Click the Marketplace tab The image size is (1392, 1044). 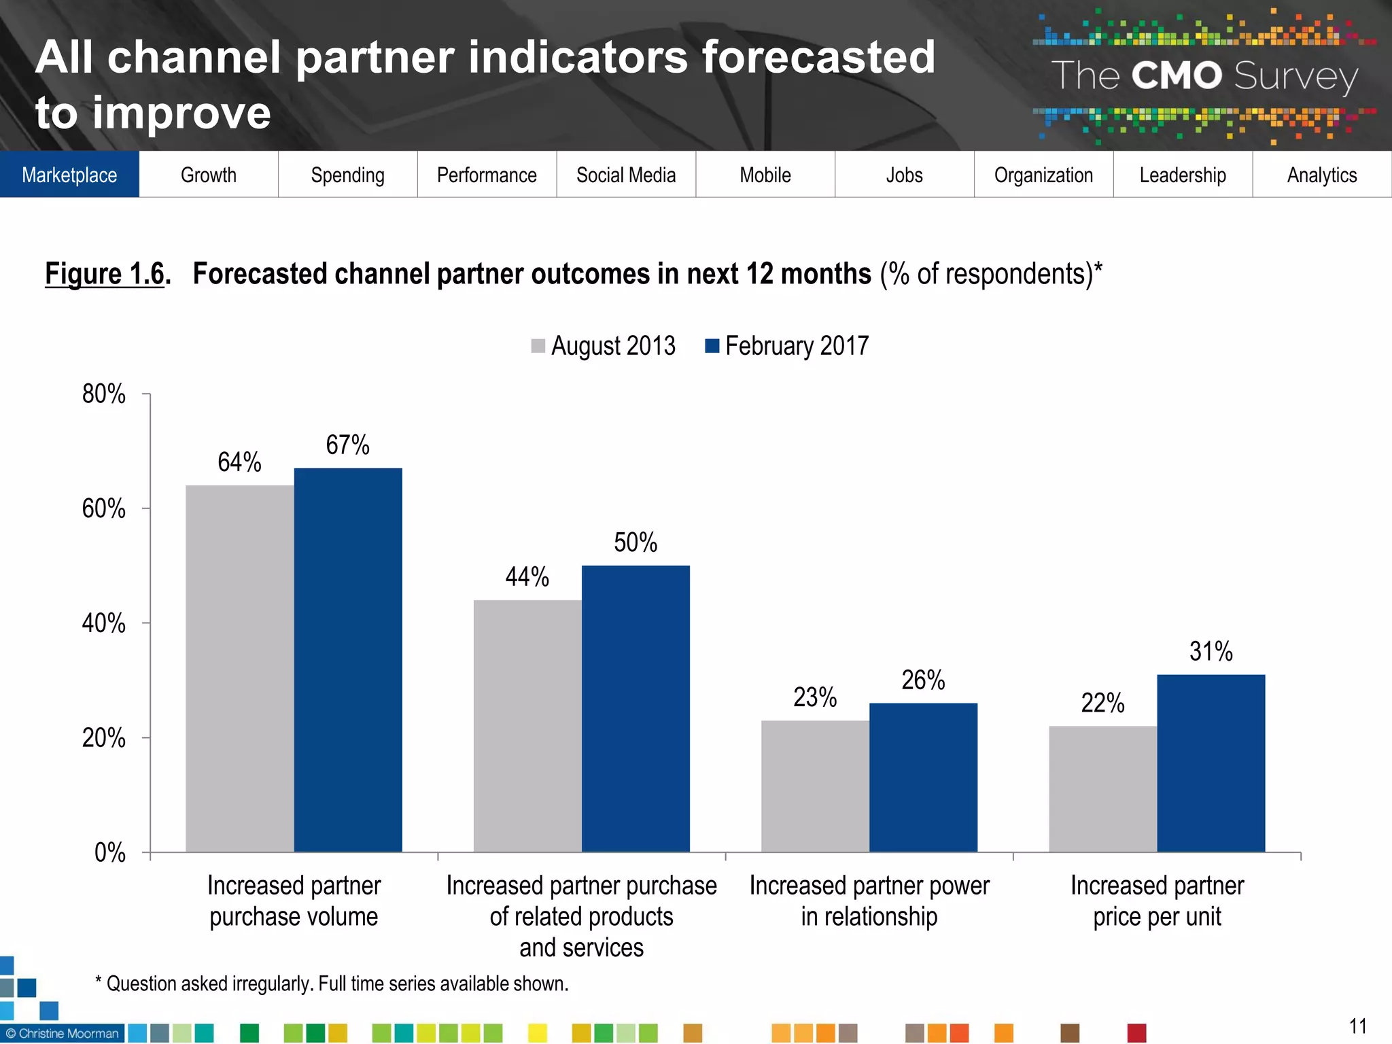click(x=69, y=175)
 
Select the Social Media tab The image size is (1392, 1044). click(x=626, y=175)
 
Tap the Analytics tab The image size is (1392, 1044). click(x=1322, y=175)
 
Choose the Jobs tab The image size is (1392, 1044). click(x=904, y=175)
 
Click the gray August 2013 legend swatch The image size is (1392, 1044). click(x=538, y=346)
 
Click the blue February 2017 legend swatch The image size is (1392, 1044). click(x=712, y=346)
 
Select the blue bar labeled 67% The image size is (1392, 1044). click(x=348, y=659)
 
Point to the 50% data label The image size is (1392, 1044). click(x=636, y=542)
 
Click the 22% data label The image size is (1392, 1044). click(x=1102, y=703)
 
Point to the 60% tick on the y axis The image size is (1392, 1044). click(x=104, y=508)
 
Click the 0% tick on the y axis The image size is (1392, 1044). click(x=109, y=852)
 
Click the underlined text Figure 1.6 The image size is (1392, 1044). click(x=105, y=274)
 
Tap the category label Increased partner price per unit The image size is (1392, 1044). click(x=1157, y=901)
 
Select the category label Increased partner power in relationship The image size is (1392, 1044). click(x=869, y=901)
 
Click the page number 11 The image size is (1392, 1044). click(x=1357, y=1026)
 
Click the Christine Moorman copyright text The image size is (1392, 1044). click(x=63, y=1033)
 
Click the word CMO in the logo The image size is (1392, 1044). click(x=1177, y=75)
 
